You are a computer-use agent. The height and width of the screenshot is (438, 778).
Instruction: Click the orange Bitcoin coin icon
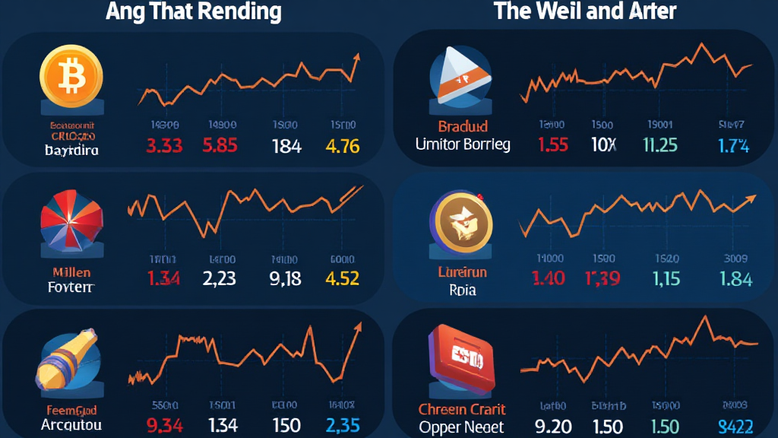pyautogui.click(x=71, y=75)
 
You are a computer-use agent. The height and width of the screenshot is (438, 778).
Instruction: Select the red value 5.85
pyautogui.click(x=220, y=145)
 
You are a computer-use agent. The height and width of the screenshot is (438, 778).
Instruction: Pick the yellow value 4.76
pyautogui.click(x=342, y=145)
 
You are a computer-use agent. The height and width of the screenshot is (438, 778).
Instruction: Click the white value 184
pyautogui.click(x=286, y=145)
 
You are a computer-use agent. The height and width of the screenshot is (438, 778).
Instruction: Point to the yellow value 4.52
pyautogui.click(x=342, y=278)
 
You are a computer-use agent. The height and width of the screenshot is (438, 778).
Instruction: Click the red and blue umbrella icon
pyautogui.click(x=71, y=220)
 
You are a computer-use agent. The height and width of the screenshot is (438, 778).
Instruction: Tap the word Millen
pyautogui.click(x=71, y=271)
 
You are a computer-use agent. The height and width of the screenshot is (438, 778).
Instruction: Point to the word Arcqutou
pyautogui.click(x=71, y=424)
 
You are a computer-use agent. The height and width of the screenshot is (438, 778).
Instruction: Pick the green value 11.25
pyautogui.click(x=659, y=144)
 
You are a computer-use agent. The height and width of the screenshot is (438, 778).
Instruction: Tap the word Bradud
pyautogui.click(x=463, y=126)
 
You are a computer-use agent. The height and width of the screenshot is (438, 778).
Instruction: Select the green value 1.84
pyautogui.click(x=735, y=278)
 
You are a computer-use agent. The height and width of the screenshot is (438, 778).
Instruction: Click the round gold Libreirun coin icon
pyautogui.click(x=461, y=222)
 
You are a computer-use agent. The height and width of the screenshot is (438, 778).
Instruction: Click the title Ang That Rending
pyautogui.click(x=194, y=11)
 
